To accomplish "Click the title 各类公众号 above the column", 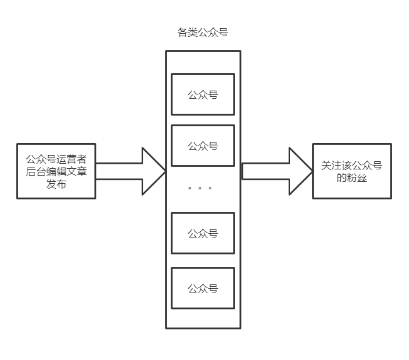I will click(203, 32).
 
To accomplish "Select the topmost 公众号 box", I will click(203, 94).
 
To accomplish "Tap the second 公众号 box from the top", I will click(203, 146).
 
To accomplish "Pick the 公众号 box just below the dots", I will click(203, 233).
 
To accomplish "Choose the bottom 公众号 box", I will click(203, 288).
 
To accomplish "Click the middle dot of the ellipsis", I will click(199, 187).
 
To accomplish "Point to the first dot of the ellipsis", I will click(189, 187).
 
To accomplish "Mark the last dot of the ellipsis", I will click(210, 187).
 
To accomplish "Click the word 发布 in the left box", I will click(56, 184).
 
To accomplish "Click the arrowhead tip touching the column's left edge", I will click(164, 171).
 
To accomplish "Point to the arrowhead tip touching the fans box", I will click(311, 171).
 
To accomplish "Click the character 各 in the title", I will click(183, 32).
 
